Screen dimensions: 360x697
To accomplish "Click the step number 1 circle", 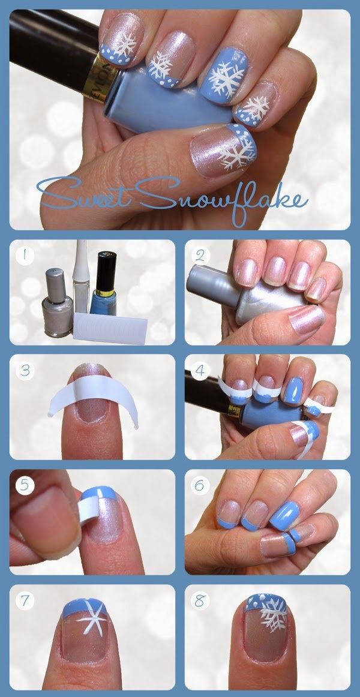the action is click(25, 256).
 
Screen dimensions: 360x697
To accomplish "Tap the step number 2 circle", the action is click(200, 256).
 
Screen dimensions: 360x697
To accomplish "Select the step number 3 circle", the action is click(25, 370).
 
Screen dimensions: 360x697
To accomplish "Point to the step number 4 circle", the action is click(200, 370).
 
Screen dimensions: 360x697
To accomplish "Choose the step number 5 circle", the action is click(25, 485).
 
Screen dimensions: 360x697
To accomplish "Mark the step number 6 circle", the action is click(200, 485).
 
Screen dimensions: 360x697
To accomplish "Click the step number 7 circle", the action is click(25, 600).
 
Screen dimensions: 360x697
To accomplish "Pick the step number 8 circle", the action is click(200, 600).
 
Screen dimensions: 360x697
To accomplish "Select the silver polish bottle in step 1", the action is click(58, 302).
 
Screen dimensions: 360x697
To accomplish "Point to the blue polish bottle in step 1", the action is click(104, 284).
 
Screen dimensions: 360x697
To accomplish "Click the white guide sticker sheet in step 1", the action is click(110, 329).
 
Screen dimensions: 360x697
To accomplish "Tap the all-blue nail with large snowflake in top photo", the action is click(225, 76).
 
